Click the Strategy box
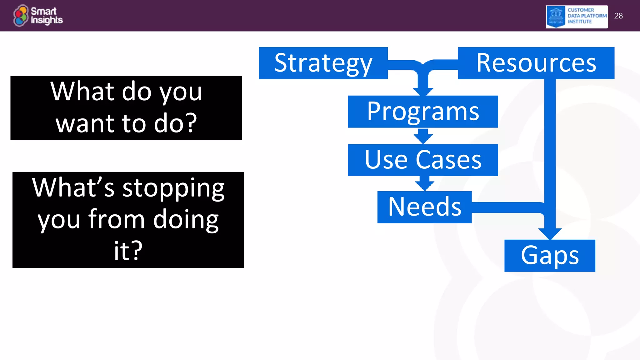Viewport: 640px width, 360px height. coord(323,63)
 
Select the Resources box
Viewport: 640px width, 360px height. coord(536,63)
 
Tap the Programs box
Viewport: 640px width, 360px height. coord(423,112)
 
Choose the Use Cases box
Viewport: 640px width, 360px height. coord(423,160)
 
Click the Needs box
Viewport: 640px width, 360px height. coord(424,207)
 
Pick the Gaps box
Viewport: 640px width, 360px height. coord(550,256)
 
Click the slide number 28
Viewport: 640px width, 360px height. coord(618,16)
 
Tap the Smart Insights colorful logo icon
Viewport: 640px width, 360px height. coord(21,16)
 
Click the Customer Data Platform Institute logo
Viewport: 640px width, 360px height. coord(577,17)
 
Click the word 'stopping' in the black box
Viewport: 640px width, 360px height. coord(173,189)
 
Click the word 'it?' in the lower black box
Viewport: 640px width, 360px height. coord(128,251)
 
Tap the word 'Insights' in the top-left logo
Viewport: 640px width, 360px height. coord(47,20)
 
